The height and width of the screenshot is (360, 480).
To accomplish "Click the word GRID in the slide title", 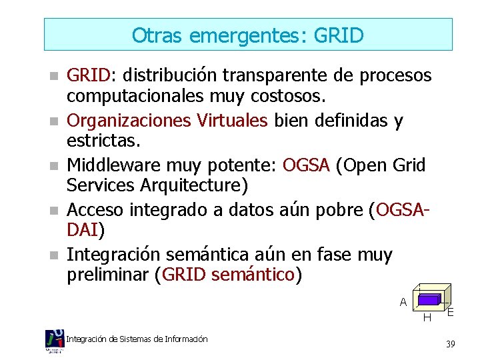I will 337,35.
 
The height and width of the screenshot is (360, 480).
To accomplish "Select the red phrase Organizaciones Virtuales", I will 167,121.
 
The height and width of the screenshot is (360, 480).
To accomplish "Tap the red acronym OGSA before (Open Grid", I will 307,165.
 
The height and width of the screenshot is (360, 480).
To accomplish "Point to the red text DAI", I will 83,230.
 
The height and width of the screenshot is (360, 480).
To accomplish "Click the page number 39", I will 451,344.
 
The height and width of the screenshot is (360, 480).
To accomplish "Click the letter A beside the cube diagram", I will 403,302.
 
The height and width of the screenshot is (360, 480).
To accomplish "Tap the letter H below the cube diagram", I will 427,317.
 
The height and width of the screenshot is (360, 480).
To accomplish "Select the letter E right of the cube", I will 451,312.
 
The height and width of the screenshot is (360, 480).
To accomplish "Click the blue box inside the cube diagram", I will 428,299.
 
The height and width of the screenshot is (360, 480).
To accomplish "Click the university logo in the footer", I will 54,341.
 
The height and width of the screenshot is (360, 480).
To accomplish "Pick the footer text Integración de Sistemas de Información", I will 137,339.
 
